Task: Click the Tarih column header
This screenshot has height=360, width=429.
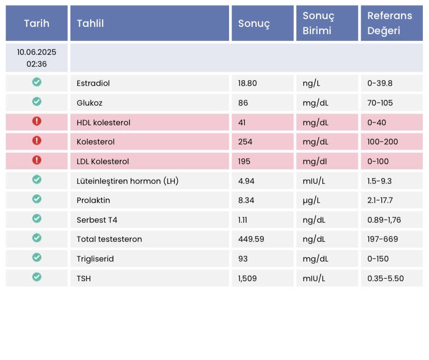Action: [37, 23]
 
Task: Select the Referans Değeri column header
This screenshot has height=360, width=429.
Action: [390, 23]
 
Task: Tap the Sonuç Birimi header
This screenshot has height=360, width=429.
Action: [318, 23]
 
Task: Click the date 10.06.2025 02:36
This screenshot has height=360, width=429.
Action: [37, 58]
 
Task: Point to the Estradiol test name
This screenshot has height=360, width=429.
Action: [93, 83]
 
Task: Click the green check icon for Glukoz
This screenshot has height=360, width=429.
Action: [37, 102]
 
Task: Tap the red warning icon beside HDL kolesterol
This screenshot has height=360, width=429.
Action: [37, 121]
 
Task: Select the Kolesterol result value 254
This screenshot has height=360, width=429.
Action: [245, 142]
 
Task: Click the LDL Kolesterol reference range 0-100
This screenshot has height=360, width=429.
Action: [378, 162]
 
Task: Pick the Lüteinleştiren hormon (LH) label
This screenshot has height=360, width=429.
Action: [127, 181]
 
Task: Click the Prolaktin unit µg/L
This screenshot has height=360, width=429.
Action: [311, 200]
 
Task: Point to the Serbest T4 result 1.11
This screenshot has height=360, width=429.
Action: [242, 220]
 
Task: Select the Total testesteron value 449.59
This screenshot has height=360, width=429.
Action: [251, 239]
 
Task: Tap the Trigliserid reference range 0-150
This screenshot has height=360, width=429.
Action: [378, 259]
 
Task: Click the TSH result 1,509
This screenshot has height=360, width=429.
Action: [247, 279]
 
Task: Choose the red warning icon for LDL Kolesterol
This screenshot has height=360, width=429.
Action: [37, 160]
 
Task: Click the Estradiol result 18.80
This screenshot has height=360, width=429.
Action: [247, 83]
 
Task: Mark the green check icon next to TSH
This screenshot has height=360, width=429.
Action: [37, 277]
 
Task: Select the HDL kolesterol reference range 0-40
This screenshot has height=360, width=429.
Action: [377, 123]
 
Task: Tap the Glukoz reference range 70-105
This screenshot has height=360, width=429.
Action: [380, 103]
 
